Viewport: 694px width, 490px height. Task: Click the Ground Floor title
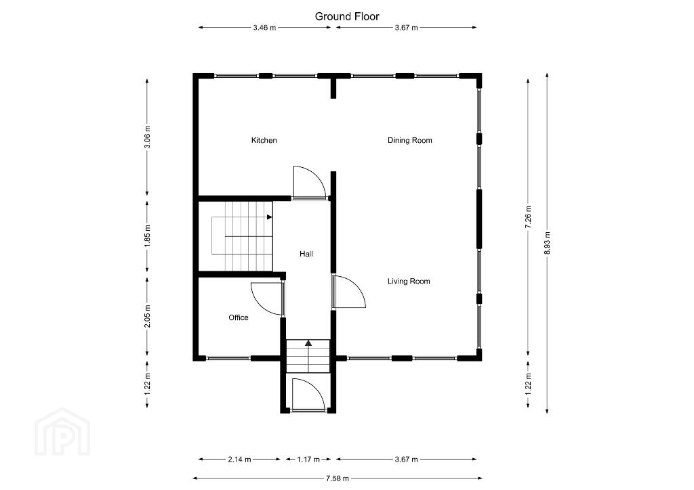click(x=347, y=16)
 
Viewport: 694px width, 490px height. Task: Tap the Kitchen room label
click(x=264, y=140)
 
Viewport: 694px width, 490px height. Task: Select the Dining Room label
click(x=410, y=140)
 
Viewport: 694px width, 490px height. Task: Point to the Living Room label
click(x=409, y=281)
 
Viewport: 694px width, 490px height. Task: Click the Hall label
click(x=306, y=254)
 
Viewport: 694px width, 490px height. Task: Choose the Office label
click(x=238, y=317)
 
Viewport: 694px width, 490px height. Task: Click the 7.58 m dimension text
click(x=338, y=478)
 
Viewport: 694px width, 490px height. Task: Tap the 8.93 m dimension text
click(x=547, y=242)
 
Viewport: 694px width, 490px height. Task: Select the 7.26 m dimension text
click(x=528, y=217)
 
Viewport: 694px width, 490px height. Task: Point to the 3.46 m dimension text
click(x=264, y=27)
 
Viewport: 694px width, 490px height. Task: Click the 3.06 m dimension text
click(x=147, y=137)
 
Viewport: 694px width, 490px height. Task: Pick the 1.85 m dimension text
click(x=147, y=236)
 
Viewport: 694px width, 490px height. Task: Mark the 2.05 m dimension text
click(x=147, y=316)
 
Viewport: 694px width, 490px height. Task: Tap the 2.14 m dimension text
click(x=239, y=460)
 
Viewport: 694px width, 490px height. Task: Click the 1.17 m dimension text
click(x=308, y=460)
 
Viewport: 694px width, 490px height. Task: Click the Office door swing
click(x=266, y=298)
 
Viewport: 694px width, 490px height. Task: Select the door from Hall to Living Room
click(x=349, y=291)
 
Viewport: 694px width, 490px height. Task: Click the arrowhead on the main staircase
click(x=269, y=217)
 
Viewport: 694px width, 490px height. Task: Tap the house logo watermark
click(x=62, y=432)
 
